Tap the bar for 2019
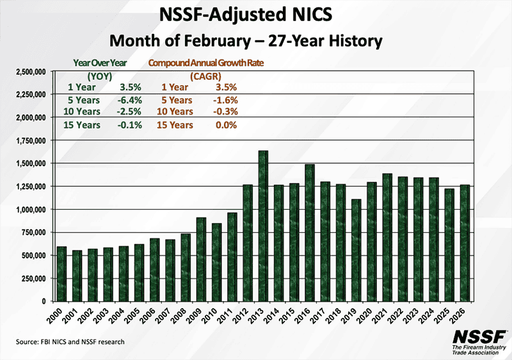click(x=356, y=250)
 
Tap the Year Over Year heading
click(x=99, y=63)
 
